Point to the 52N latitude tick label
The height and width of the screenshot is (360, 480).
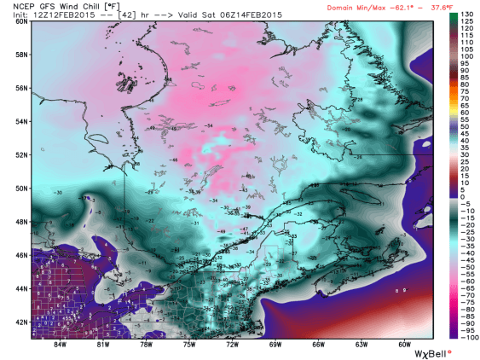(20, 154)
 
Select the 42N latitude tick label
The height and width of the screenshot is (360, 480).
(20, 322)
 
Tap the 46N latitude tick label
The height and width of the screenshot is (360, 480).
(20, 255)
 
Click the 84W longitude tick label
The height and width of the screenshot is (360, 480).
(59, 345)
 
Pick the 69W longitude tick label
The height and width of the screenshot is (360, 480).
(275, 345)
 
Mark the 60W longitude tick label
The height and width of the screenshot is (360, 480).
(404, 345)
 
